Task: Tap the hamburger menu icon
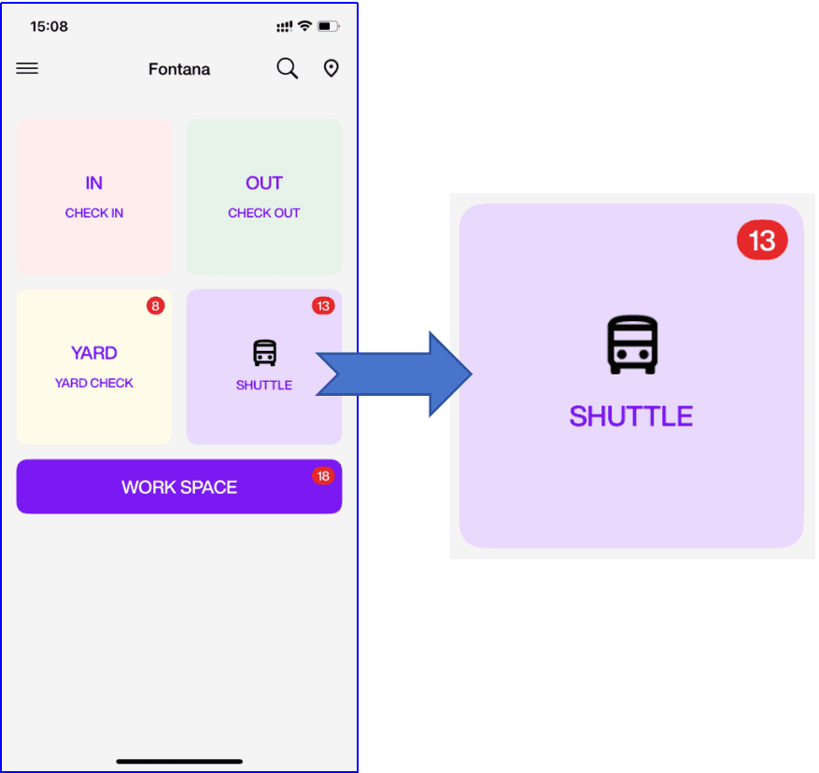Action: [27, 68]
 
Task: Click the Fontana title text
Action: [179, 69]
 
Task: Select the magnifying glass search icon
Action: [288, 68]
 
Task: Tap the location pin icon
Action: [331, 68]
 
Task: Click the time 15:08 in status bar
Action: [49, 26]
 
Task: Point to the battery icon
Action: [328, 26]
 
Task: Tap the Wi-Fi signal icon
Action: [304, 26]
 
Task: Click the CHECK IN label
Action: [94, 213]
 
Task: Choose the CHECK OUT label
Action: [264, 213]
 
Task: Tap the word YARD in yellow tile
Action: [94, 353]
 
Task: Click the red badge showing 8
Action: [155, 305]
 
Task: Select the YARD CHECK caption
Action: [94, 383]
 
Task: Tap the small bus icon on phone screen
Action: [264, 353]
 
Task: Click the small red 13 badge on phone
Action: [323, 305]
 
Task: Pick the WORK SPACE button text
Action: [179, 486]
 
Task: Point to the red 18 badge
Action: [323, 476]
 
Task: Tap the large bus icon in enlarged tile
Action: [633, 344]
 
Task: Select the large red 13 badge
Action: [762, 240]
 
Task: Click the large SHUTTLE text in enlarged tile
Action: [631, 415]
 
